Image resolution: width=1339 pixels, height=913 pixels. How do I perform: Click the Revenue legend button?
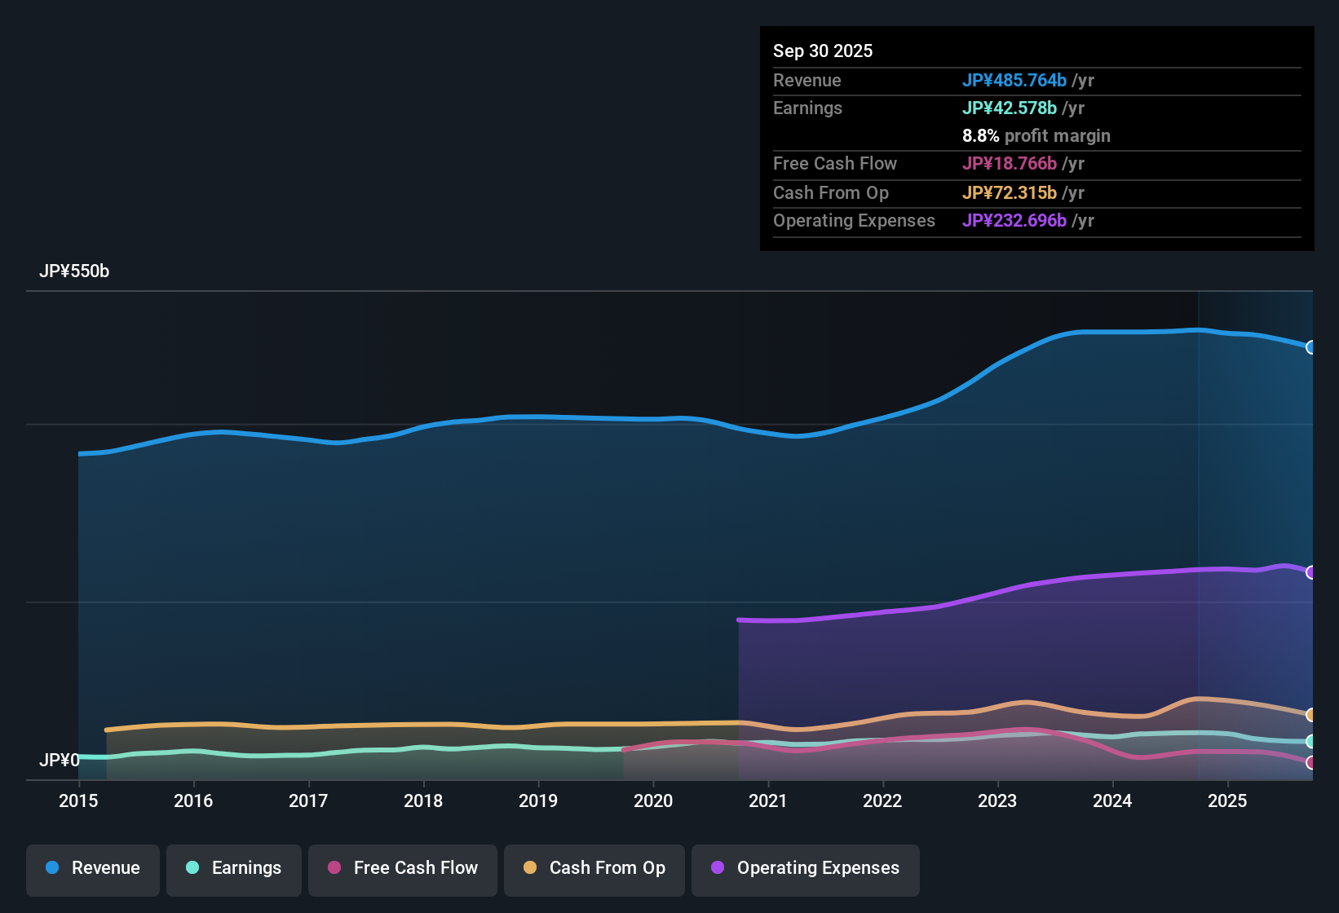93,868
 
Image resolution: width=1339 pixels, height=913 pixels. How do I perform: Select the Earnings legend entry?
234,868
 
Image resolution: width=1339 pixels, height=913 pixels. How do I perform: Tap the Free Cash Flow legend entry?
403,868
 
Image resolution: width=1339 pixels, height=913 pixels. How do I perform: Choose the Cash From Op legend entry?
594,868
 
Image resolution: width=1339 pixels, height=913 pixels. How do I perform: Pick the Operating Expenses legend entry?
806,868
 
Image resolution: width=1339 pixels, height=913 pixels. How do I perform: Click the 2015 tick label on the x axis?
78,801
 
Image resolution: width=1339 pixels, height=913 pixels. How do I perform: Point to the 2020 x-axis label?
653,801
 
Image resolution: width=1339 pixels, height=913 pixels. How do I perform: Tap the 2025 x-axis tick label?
1227,801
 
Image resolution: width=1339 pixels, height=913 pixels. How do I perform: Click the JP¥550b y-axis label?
74,271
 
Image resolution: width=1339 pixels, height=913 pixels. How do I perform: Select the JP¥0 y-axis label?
59,760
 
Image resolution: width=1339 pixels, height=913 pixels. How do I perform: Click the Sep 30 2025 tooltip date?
823,51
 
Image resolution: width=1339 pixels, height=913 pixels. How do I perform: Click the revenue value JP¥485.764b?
1014,80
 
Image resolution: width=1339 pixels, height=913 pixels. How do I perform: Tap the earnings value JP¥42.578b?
1009,108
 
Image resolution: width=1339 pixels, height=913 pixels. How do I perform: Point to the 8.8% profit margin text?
1036,135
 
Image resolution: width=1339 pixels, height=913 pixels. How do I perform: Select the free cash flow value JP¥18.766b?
1009,163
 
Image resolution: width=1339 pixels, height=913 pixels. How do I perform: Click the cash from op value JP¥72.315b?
1009,192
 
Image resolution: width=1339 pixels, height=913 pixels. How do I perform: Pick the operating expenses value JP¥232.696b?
1014,220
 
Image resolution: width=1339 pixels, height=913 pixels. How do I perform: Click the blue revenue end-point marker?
1310,347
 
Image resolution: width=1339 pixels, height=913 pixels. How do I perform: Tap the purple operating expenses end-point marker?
1310,572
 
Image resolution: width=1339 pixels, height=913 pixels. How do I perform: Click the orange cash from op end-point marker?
1310,715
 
